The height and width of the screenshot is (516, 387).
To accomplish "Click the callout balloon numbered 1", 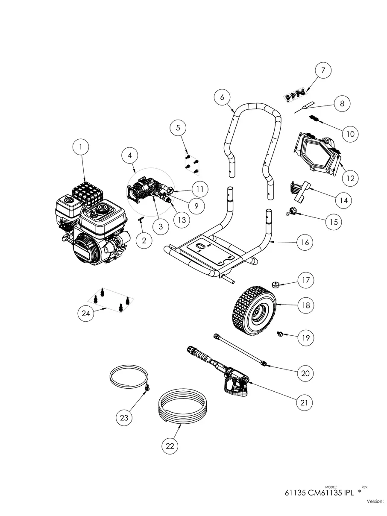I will tap(80, 147).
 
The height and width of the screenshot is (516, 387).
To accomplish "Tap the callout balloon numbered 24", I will tap(86, 313).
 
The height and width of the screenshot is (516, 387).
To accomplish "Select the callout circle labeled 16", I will tap(305, 242).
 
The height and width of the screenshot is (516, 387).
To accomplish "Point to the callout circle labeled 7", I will tap(323, 70).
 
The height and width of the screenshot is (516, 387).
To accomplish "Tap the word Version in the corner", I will tap(375, 501).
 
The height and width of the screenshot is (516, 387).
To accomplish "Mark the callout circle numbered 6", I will tap(222, 97).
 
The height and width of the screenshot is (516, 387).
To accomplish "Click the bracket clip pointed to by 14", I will tap(299, 191).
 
